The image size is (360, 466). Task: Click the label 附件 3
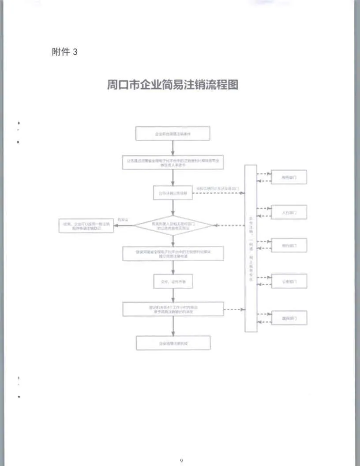coord(64,52)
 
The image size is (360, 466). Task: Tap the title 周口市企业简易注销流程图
coord(172,85)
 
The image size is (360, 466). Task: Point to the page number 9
coord(181,460)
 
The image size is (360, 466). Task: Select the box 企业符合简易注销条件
coord(172,133)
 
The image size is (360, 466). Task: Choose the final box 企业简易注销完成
coord(172,343)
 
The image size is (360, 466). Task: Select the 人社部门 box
coord(289,212)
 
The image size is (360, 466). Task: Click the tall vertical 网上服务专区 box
coord(251,248)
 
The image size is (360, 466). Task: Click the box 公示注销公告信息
coord(172,193)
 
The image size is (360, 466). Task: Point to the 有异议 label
coord(122,219)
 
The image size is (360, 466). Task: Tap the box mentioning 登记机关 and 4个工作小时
coord(172,309)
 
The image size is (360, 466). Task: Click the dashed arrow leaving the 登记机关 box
coord(234,309)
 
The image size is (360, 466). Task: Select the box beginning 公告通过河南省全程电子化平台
coord(172,162)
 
